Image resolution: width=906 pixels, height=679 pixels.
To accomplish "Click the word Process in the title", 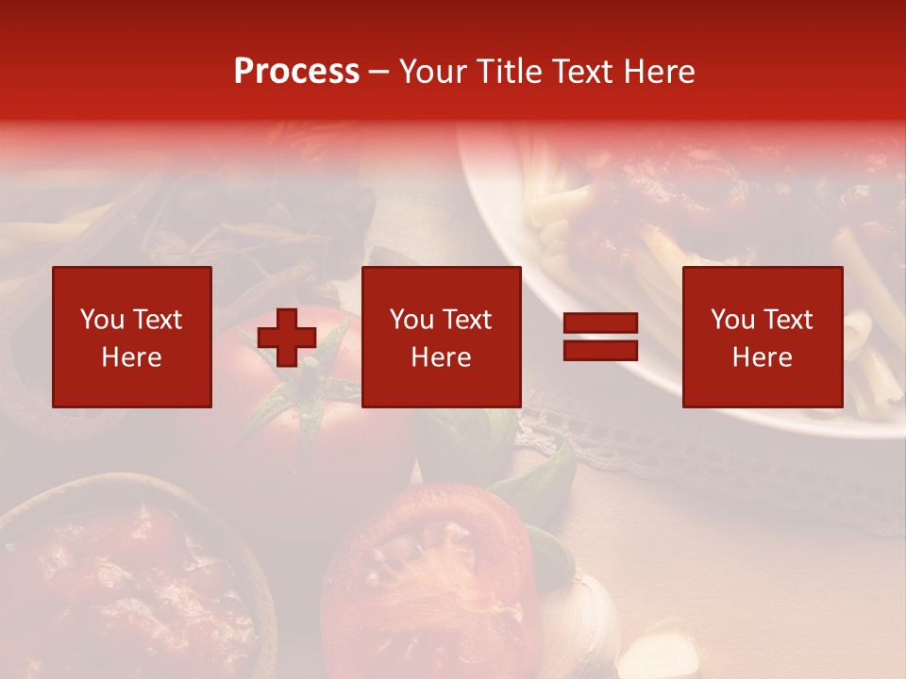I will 296,72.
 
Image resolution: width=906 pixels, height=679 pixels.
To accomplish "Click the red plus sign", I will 287,338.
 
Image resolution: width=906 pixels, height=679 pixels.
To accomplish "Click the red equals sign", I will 600,338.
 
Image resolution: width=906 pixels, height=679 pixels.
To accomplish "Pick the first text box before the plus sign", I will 132,338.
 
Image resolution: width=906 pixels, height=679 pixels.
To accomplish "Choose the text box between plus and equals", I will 442,338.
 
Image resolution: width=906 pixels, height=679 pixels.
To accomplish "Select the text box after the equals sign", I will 763,338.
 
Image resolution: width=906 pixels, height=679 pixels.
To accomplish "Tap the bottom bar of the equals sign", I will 600,351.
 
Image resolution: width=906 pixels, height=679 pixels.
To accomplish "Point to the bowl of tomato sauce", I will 123,585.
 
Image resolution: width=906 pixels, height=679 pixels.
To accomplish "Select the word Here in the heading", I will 658,72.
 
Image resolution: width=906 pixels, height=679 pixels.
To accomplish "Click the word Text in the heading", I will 579,72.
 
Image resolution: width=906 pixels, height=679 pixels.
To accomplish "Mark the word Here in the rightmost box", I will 763,357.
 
